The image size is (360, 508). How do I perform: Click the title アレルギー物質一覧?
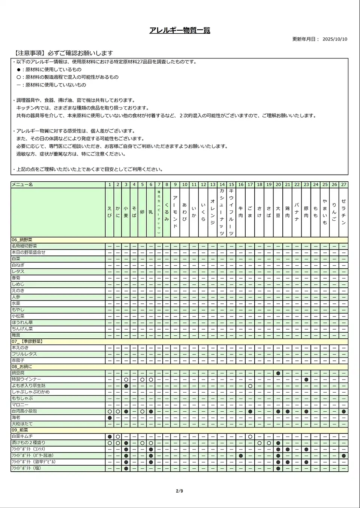[x=180, y=30]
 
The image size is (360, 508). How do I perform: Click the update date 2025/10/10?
[x=334, y=39]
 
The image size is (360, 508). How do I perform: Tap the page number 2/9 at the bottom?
[x=180, y=491]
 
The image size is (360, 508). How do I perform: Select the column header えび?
[x=109, y=212]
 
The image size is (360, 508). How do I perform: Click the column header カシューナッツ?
[x=222, y=212]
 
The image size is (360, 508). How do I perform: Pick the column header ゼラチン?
[x=343, y=212]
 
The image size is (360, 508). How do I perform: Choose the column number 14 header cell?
[x=222, y=185]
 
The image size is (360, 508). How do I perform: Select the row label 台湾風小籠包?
[x=24, y=411]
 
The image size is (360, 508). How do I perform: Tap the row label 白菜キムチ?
[x=22, y=436]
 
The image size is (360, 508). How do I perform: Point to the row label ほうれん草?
[x=22, y=323]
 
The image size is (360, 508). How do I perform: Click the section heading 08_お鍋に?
[x=22, y=367]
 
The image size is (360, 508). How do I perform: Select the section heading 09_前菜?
[x=20, y=430]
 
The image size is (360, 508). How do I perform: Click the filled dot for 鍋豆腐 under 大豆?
[x=278, y=373]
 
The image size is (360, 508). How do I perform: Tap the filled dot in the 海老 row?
[x=109, y=418]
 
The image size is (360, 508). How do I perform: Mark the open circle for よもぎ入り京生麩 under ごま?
[x=250, y=386]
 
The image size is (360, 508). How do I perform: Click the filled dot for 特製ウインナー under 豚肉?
[x=306, y=380]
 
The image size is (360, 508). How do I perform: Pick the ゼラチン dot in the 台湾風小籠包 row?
[x=343, y=411]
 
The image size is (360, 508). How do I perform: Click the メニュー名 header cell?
[x=22, y=185]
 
